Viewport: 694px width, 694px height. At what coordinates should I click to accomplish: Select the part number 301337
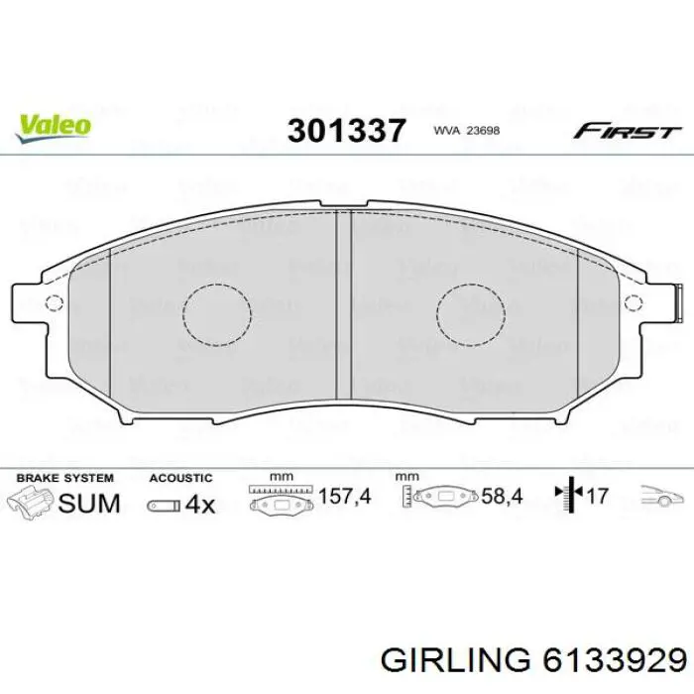click(346, 130)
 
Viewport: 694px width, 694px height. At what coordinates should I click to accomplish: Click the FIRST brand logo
click(626, 131)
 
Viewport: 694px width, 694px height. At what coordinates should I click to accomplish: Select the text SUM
click(89, 503)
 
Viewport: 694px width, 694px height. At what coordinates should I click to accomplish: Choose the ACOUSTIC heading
click(181, 478)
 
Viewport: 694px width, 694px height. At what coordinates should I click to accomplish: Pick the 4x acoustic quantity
click(200, 504)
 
